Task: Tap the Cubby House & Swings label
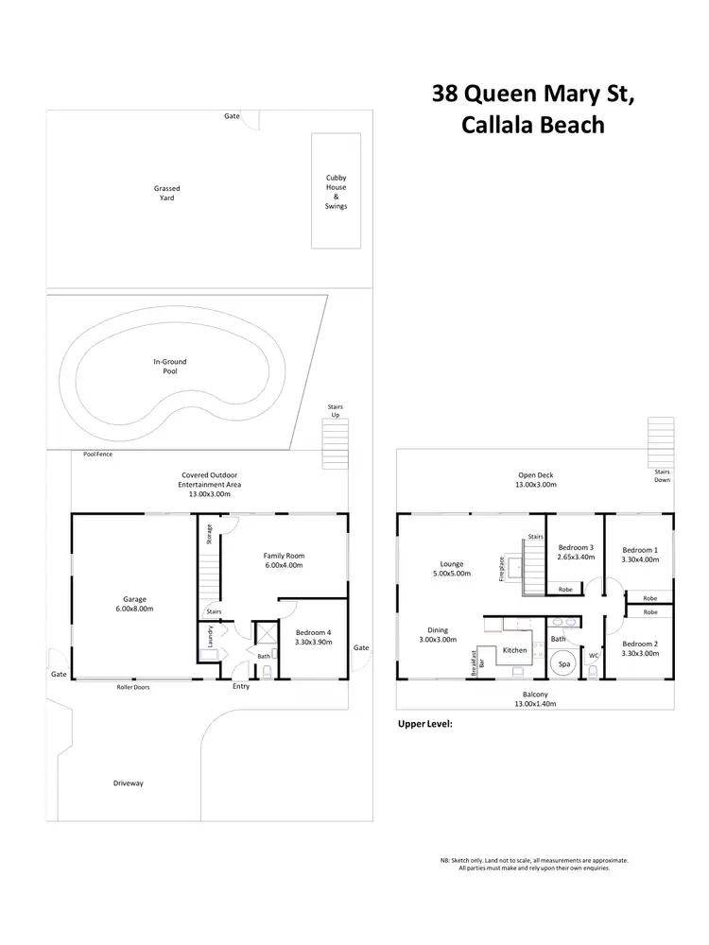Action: coord(336,192)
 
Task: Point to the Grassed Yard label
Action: coord(167,193)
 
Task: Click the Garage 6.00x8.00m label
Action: coord(134,603)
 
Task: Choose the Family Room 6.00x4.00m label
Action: coord(284,560)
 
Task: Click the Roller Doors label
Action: coord(132,687)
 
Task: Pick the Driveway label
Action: coord(128,783)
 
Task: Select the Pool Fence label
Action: coord(98,454)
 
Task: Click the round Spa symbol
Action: coord(564,664)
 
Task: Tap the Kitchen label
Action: coord(514,650)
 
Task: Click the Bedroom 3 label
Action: coord(576,553)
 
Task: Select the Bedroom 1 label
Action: coord(639,554)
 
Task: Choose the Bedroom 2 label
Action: coord(639,648)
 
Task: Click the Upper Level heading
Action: coord(425,724)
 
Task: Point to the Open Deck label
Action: coord(536,480)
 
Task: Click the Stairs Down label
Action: coord(662,474)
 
